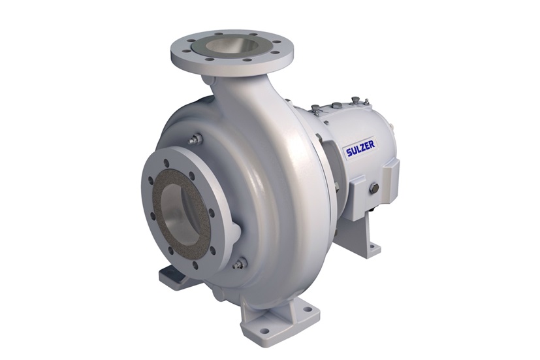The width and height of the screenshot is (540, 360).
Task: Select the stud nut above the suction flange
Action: (x=195, y=139)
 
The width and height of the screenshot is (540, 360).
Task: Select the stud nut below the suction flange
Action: (x=240, y=263)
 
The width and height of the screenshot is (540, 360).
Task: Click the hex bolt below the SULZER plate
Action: (x=374, y=189)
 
